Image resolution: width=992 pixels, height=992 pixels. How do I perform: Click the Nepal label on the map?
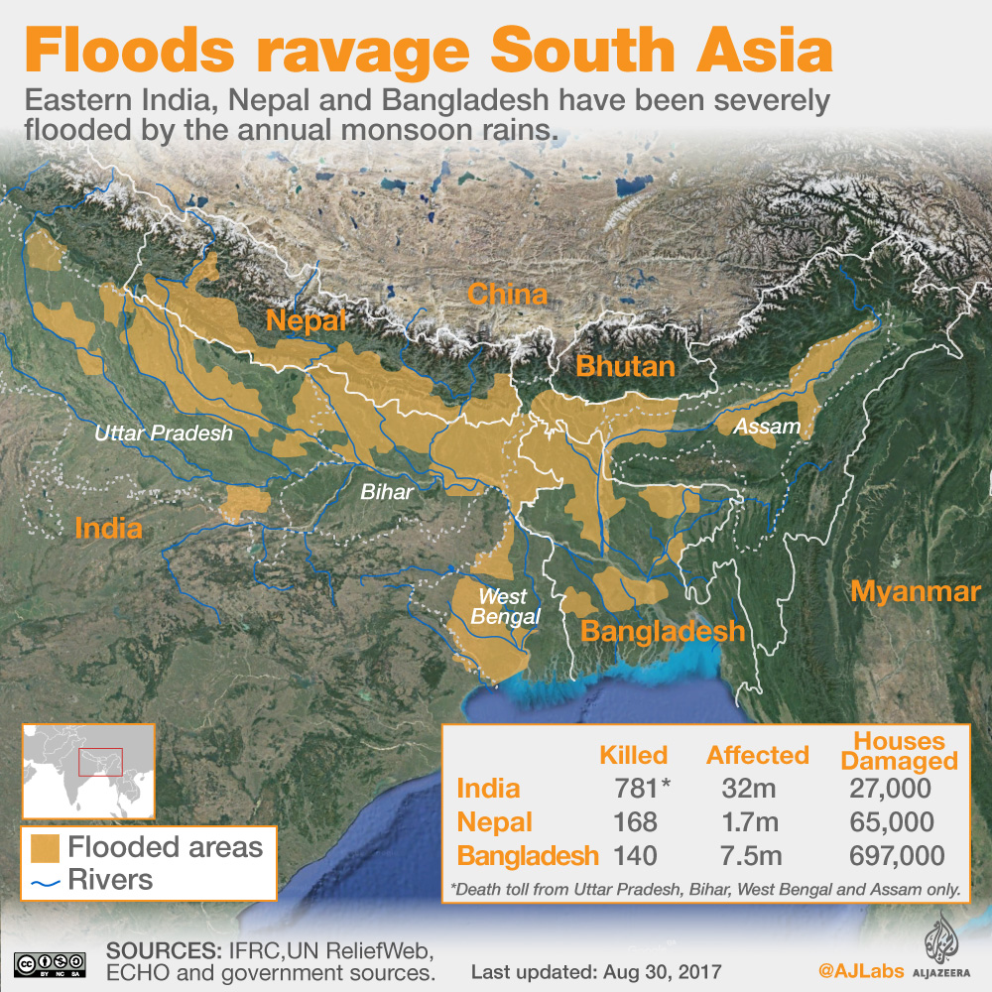click(306, 321)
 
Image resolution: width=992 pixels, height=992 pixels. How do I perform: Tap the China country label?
click(507, 295)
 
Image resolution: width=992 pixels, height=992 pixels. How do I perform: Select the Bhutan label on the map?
click(625, 367)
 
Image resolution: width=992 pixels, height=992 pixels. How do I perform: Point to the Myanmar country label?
click(915, 592)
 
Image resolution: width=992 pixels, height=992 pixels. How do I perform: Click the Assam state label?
click(760, 427)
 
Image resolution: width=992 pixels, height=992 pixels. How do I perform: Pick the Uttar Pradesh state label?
click(164, 434)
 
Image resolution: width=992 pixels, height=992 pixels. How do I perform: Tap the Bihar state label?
click(387, 490)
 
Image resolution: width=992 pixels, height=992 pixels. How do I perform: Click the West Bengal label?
click(509, 606)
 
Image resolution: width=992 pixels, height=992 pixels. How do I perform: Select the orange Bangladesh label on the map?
click(663, 631)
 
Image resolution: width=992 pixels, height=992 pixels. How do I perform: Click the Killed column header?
click(633, 755)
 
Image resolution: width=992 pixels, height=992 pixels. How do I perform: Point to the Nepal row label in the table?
click(494, 822)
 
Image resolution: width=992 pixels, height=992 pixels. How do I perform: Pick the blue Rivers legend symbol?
click(45, 881)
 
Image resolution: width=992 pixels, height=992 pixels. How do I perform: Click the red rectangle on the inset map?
click(100, 761)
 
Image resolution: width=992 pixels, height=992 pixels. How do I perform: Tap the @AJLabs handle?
click(858, 968)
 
